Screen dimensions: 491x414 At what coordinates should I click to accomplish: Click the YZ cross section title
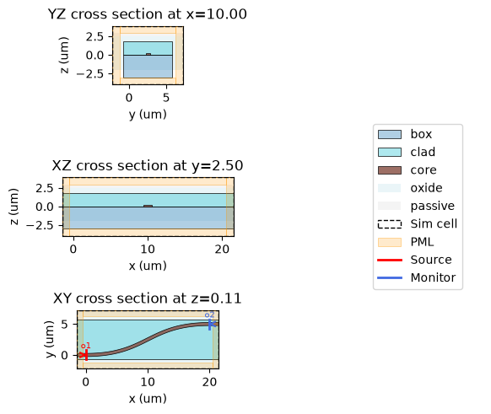[x=147, y=14]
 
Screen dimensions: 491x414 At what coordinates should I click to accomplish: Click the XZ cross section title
[x=147, y=165]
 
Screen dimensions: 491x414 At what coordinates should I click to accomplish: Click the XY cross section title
[x=147, y=298]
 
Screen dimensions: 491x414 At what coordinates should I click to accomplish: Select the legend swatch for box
[x=390, y=134]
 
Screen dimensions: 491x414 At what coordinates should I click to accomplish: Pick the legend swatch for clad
[x=390, y=152]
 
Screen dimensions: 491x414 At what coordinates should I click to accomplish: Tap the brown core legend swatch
[x=390, y=170]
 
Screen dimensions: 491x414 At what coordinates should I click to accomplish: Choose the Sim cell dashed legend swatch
[x=390, y=224]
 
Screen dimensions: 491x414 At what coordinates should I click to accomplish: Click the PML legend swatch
[x=390, y=242]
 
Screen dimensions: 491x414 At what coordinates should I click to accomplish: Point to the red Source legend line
[x=390, y=260]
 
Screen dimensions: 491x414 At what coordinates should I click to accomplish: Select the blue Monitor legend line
[x=390, y=278]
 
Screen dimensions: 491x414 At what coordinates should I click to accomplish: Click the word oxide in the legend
[x=427, y=188]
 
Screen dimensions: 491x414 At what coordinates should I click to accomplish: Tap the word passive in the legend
[x=433, y=207]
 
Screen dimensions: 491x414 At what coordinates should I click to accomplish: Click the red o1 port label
[x=86, y=346]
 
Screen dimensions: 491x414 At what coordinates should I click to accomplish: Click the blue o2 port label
[x=209, y=315]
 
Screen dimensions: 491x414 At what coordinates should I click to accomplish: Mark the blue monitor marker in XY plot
[x=212, y=325]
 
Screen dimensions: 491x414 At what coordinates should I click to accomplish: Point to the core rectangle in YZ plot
[x=148, y=54]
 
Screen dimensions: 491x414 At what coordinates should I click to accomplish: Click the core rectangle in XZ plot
[x=148, y=206]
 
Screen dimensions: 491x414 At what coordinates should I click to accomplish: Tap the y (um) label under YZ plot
[x=148, y=115]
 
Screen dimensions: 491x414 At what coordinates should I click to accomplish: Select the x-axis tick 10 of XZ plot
[x=148, y=249]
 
